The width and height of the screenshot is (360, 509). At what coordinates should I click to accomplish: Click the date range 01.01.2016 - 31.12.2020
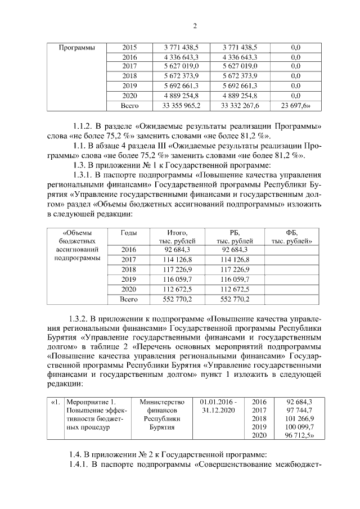(218, 406)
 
